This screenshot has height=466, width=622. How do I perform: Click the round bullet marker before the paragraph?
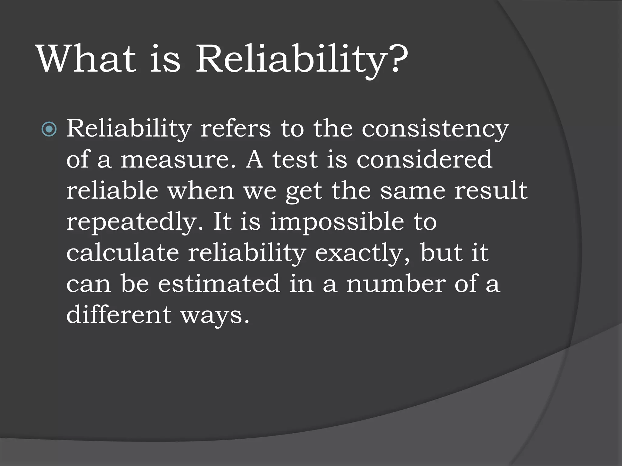point(49,129)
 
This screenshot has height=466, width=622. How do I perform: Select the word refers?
point(235,129)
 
